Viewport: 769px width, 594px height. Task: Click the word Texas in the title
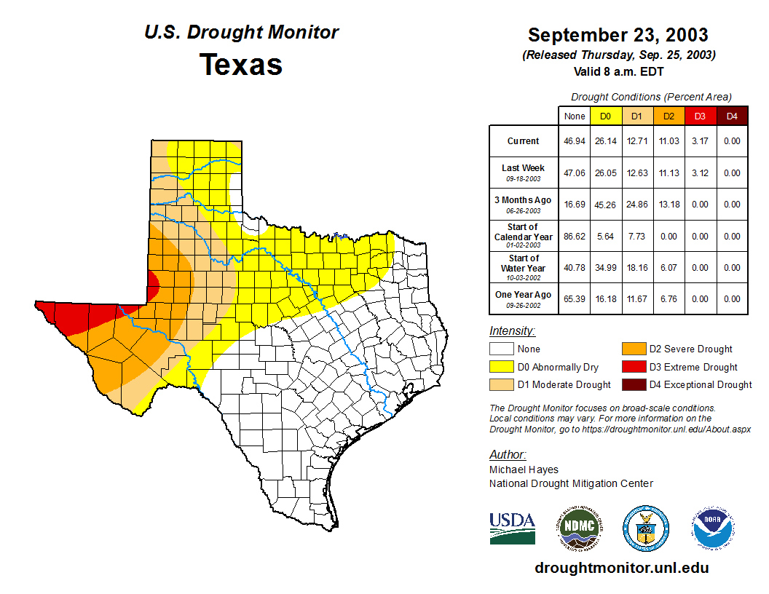click(x=241, y=65)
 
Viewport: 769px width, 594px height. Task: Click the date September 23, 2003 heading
click(x=618, y=35)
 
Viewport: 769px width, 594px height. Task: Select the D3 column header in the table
click(x=700, y=116)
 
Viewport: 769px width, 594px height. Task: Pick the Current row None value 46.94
click(x=575, y=141)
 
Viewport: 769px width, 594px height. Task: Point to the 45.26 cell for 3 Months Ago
click(x=606, y=205)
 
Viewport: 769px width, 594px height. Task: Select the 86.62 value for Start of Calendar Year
click(x=575, y=237)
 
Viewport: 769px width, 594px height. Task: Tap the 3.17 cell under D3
click(x=700, y=141)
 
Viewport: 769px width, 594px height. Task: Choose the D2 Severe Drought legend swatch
click(x=633, y=349)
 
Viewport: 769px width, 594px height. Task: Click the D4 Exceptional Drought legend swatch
click(x=633, y=384)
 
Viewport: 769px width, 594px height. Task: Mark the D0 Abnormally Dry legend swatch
click(x=502, y=367)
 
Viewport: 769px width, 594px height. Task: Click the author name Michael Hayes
click(x=524, y=470)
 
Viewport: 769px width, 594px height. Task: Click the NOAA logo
click(x=714, y=528)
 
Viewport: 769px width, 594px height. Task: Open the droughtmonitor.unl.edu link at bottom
click(x=621, y=568)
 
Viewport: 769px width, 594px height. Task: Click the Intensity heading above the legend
click(x=513, y=331)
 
